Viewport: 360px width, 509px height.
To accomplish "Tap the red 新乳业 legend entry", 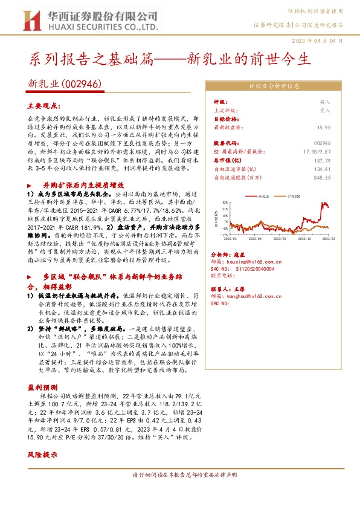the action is tap(260, 196).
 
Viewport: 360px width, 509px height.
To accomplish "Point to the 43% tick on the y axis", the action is tap(225, 204).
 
